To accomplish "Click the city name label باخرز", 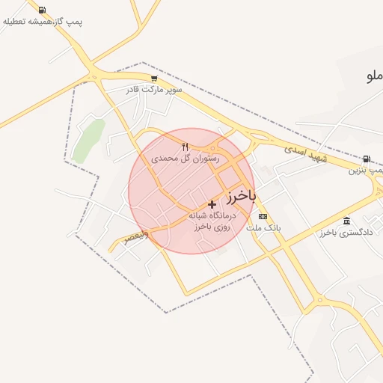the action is coord(240,196).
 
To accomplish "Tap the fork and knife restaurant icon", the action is coord(185,147).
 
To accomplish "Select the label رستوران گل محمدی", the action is coord(185,159).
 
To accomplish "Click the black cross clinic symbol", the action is coord(212,203).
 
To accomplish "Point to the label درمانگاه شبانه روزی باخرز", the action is coord(215,221).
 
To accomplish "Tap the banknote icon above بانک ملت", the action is coord(262,216).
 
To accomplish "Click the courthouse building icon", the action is coord(346,221).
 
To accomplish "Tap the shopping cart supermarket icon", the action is coord(154,78).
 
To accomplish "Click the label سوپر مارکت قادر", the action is coord(153,89).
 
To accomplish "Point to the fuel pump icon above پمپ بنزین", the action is coord(366,159).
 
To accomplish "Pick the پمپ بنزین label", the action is coord(365,170).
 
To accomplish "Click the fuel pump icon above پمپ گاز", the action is coord(40,10).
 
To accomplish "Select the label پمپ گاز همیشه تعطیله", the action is coord(43,22).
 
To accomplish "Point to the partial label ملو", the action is coord(374,76).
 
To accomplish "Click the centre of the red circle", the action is coord(191,191).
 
